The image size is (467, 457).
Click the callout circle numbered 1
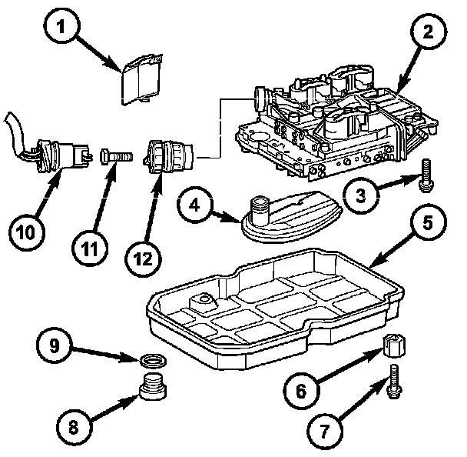coord(61,27)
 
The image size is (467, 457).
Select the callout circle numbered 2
coord(429,31)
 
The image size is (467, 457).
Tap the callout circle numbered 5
coord(428,223)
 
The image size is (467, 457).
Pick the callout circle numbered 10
coord(26,232)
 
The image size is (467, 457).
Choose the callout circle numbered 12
coord(143,259)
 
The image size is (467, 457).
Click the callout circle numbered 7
coord(325,431)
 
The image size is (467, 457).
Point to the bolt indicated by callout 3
coord(426,175)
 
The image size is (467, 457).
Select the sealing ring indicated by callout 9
coord(153,362)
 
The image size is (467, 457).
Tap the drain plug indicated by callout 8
coord(153,385)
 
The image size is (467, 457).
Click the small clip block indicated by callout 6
coord(394,346)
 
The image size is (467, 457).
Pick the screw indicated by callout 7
coord(394,382)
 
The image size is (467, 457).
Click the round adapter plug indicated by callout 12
coord(168,157)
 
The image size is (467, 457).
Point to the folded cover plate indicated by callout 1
coord(141,80)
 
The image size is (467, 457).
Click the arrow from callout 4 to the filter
coord(226,217)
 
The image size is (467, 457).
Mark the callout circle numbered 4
coord(195,205)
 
